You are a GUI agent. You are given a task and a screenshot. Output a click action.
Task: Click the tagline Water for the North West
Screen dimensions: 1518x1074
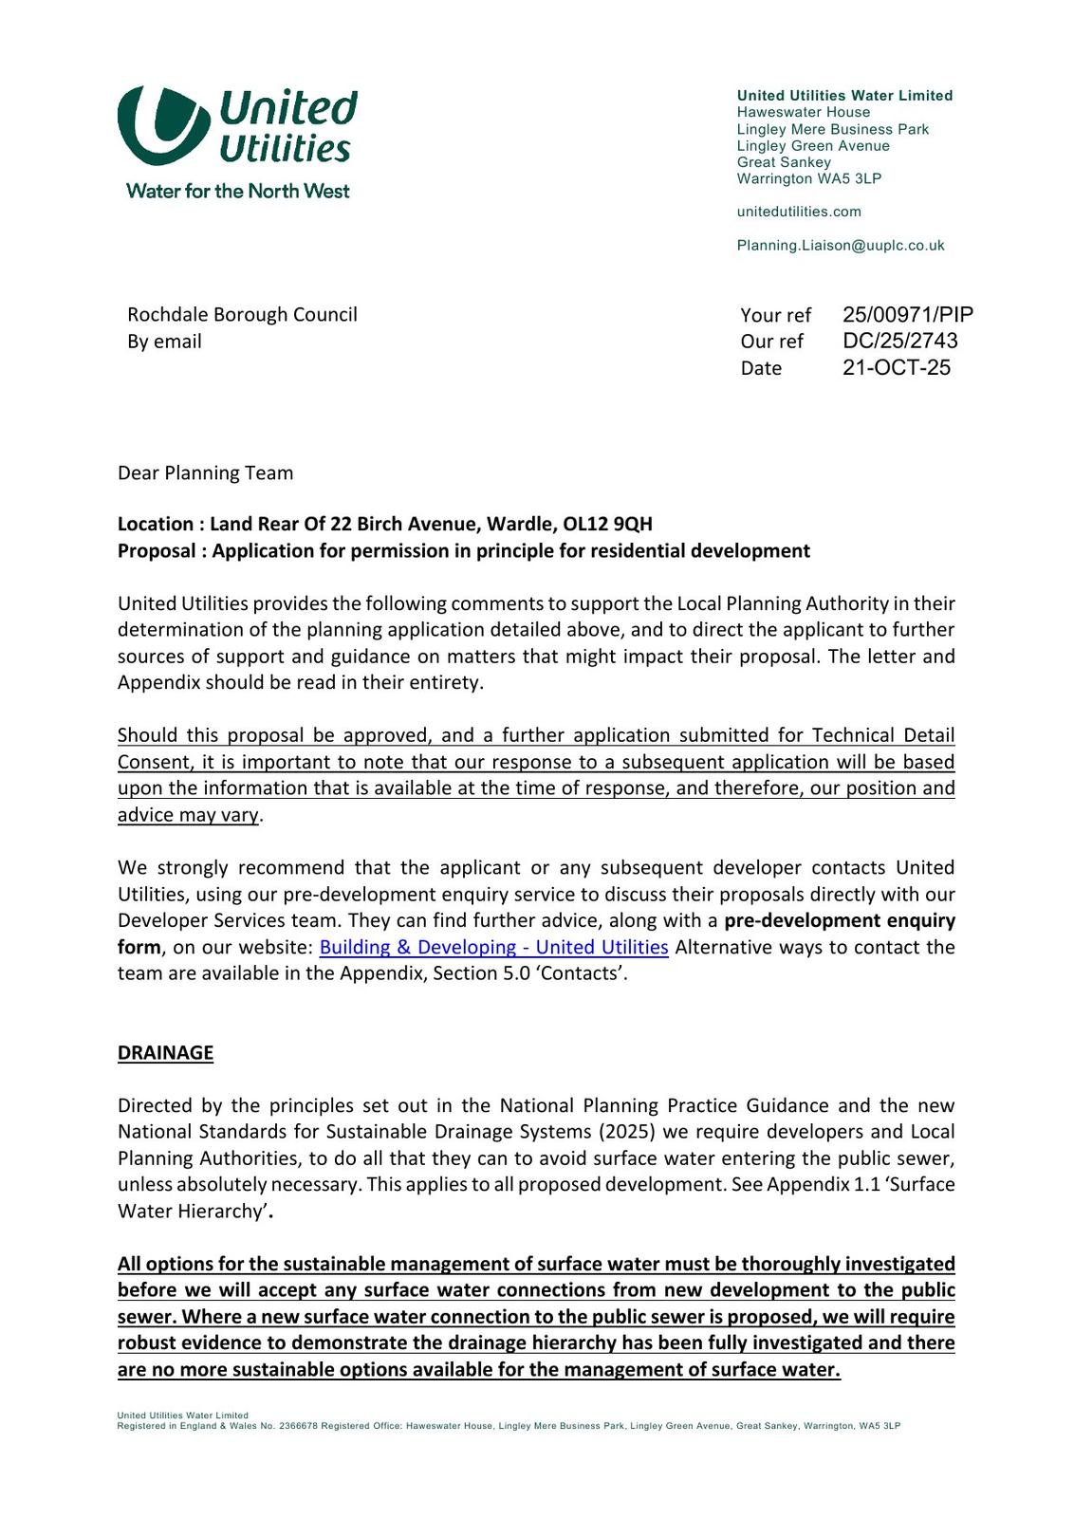[237, 191]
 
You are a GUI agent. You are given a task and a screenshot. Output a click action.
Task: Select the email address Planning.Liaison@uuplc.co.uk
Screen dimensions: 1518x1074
[841, 246]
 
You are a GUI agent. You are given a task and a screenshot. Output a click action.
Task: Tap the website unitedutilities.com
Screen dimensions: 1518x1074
[799, 212]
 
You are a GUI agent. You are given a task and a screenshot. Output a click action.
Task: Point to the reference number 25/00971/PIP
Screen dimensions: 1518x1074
[907, 315]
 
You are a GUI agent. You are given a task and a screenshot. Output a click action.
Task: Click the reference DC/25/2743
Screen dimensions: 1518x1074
[899, 341]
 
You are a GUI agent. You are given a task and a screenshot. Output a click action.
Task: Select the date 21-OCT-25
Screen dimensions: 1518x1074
[896, 367]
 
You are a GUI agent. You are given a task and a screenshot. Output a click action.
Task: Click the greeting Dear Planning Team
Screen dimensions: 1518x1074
[205, 472]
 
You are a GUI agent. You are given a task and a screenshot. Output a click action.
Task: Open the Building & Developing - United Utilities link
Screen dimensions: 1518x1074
[493, 947]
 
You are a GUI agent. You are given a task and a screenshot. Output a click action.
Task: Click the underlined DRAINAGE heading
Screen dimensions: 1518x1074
[165, 1052]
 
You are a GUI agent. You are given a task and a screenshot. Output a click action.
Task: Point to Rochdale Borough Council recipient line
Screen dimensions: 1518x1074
[242, 314]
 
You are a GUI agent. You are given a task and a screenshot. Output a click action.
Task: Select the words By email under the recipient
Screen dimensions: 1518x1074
[164, 342]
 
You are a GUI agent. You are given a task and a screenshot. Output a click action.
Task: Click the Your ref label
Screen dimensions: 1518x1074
[775, 315]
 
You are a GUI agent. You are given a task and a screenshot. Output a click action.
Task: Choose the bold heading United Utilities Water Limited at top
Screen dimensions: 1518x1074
[844, 96]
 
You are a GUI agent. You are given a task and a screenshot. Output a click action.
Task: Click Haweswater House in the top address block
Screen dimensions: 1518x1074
[803, 112]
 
